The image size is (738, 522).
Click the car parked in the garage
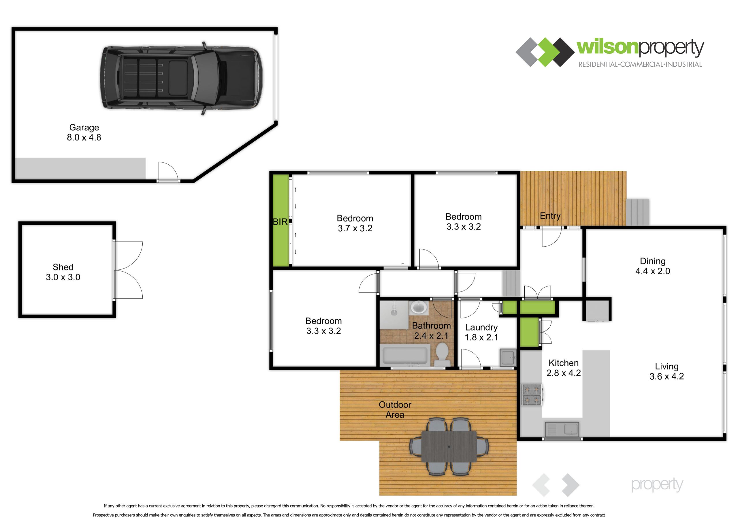181,78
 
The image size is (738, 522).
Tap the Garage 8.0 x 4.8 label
84,132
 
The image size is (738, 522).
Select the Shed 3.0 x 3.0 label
63,272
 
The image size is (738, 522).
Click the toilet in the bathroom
443,354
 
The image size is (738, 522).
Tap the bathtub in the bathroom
405,355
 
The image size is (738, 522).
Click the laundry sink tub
508,357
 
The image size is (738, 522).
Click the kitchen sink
562,429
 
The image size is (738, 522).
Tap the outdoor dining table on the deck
449,447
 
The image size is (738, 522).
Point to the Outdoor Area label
395,410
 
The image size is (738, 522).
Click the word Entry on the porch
550,215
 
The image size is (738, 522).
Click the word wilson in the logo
607,47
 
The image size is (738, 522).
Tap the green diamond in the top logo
545,52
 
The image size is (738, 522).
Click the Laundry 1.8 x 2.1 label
481,332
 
